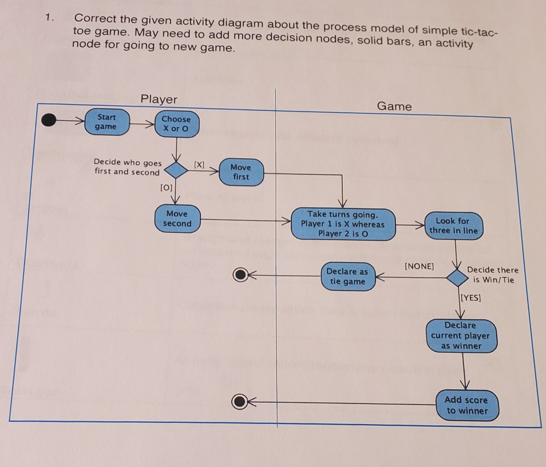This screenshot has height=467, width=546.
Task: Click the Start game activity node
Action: coord(107,121)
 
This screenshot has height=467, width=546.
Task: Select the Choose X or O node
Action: coord(176,124)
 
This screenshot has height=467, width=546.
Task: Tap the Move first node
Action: coord(240,172)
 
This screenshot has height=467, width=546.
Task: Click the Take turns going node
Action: coord(343,224)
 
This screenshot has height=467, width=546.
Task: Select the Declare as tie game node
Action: coord(347,276)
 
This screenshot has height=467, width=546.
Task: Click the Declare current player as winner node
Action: coord(461,335)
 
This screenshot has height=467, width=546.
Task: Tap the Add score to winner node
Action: coord(467,405)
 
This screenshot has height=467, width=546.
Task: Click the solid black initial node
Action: coord(50,120)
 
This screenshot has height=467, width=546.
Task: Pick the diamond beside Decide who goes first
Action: coord(176,170)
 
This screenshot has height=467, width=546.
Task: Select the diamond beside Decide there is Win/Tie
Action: coord(457,278)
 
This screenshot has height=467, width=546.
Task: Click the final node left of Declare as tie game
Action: coord(240,275)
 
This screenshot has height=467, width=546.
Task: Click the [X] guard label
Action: coord(199,165)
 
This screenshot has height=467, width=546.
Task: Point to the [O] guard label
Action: coord(165,187)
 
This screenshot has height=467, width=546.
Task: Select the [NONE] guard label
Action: coord(419,266)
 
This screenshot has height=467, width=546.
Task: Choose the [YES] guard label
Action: coord(471,298)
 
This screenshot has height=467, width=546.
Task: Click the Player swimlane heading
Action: coord(159,99)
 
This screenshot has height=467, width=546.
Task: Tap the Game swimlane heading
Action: coord(394,106)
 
